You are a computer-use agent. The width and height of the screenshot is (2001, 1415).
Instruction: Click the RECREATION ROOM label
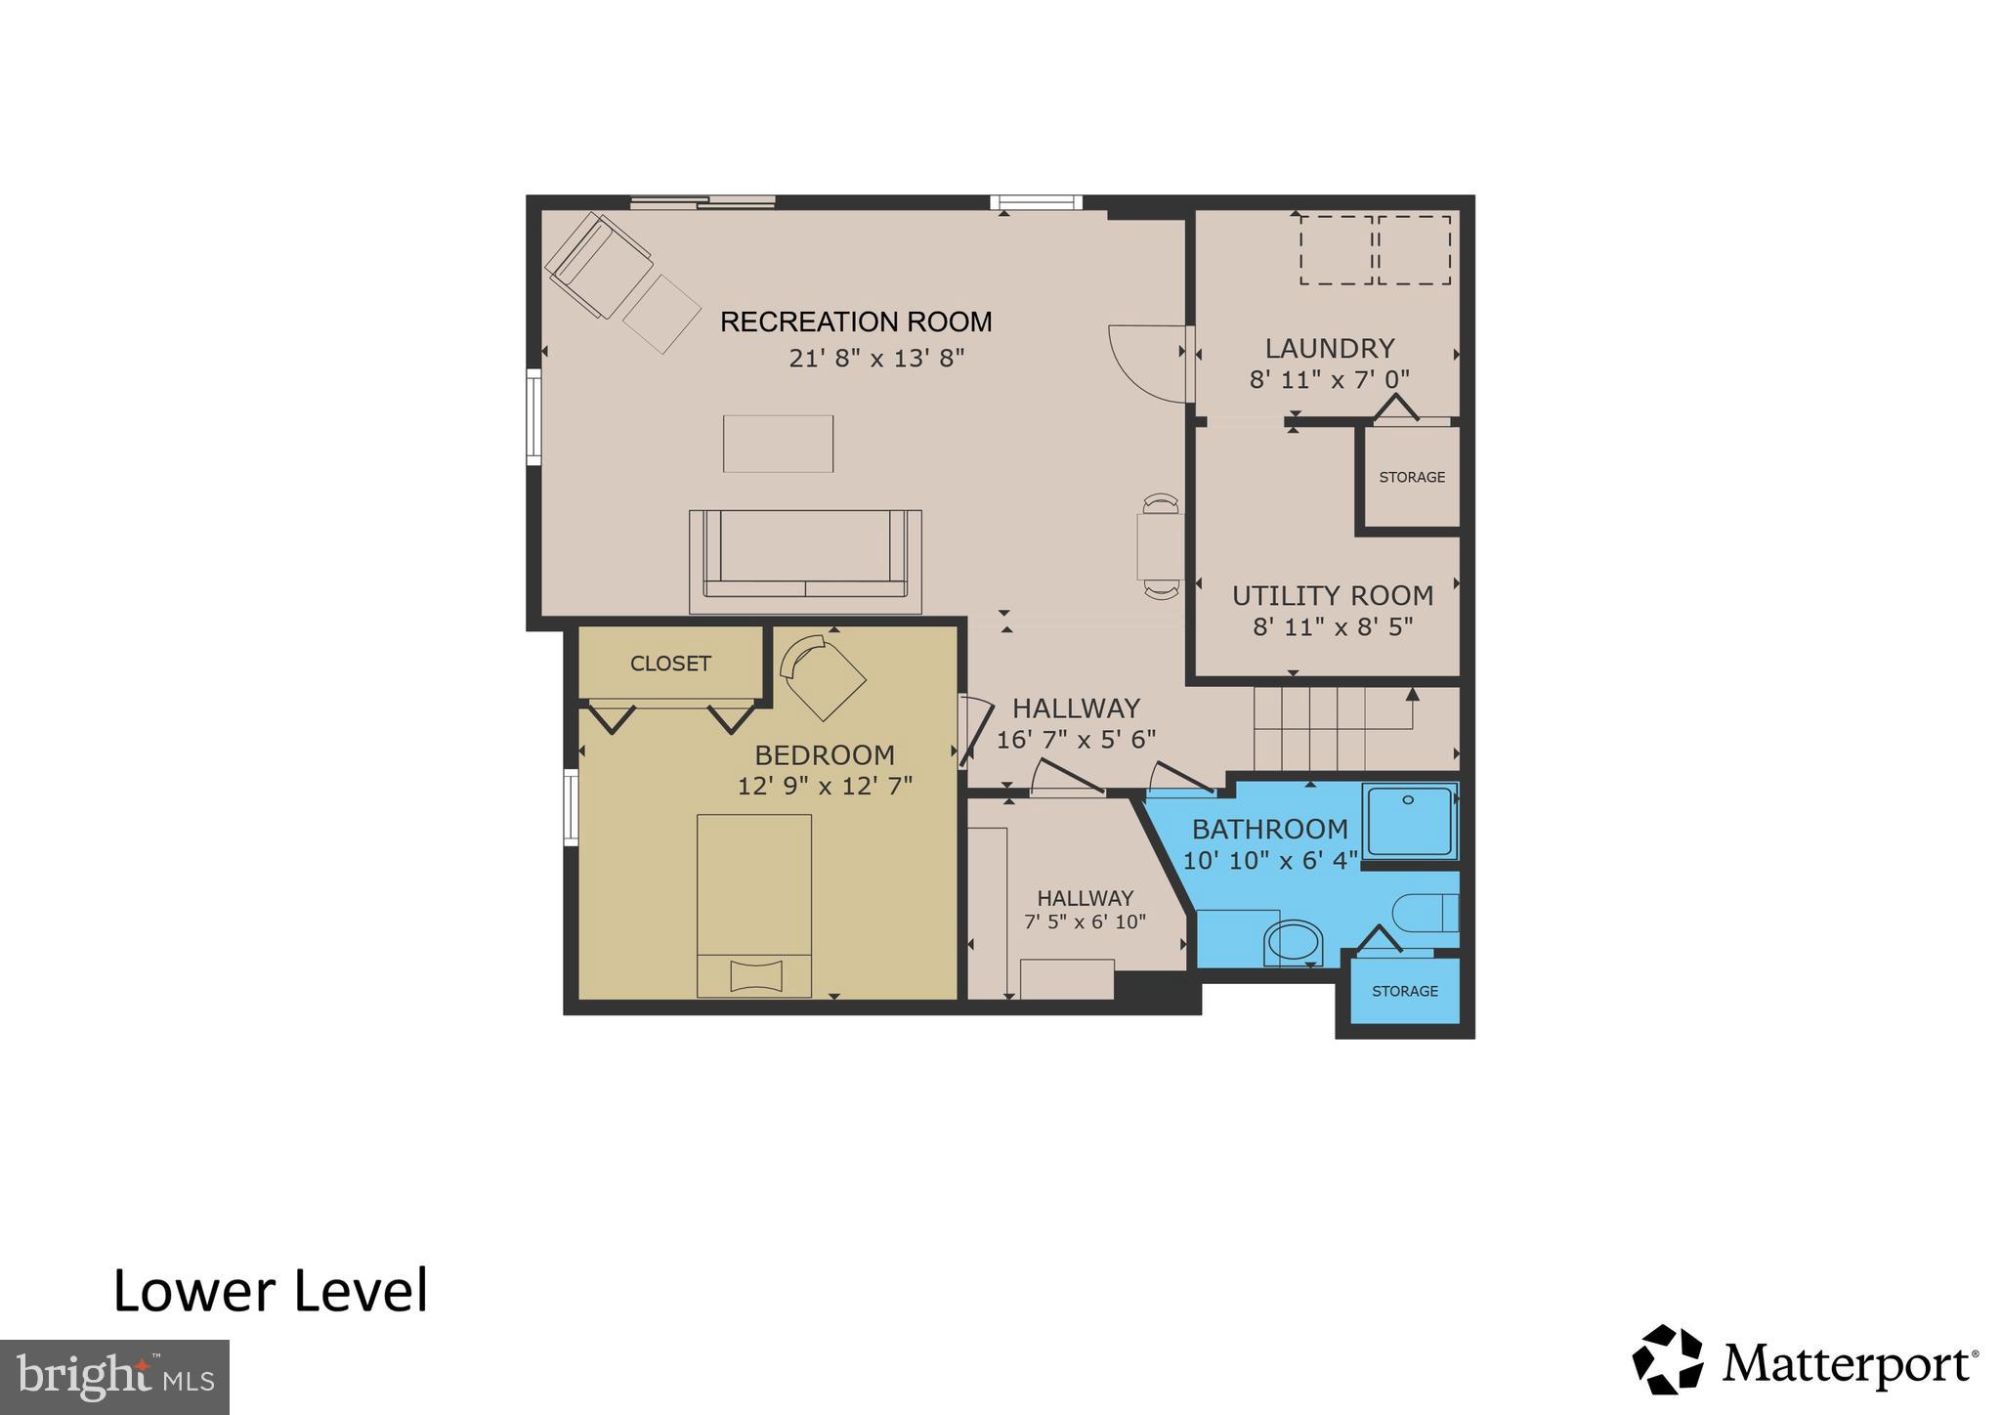[x=856, y=322]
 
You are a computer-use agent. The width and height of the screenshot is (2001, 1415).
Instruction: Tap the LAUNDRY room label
[x=1329, y=348]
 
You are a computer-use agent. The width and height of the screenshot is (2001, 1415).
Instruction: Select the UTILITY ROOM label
[x=1333, y=595]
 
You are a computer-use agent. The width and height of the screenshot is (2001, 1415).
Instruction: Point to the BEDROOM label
[x=825, y=754]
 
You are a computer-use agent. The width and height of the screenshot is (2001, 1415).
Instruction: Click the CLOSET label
[x=670, y=664]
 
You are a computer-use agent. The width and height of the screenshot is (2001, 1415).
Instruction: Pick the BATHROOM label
[x=1269, y=829]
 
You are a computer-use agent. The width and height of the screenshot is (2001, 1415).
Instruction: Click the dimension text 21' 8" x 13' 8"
[x=876, y=359]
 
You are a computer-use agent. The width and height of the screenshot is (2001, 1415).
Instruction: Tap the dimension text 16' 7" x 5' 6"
[x=1076, y=740]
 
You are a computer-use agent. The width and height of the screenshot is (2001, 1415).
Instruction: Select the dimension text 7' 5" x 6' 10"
[x=1085, y=922]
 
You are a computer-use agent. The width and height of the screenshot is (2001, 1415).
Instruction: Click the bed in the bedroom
[x=753, y=904]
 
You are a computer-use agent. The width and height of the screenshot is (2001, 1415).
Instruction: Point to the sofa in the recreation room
[x=805, y=560]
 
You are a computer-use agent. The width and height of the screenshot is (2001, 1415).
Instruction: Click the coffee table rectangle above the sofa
[x=778, y=444]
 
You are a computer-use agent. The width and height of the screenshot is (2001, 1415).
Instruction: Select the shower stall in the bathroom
[x=1409, y=821]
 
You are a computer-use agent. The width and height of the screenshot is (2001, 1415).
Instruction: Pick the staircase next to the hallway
[x=1335, y=728]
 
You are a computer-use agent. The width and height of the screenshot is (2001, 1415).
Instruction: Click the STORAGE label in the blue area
[x=1404, y=991]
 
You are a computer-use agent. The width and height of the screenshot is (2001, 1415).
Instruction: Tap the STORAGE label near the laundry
[x=1411, y=477]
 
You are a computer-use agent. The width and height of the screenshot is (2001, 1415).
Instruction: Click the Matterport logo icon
[x=1668, y=1359]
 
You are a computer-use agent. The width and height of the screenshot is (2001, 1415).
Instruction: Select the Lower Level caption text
[x=271, y=1291]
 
